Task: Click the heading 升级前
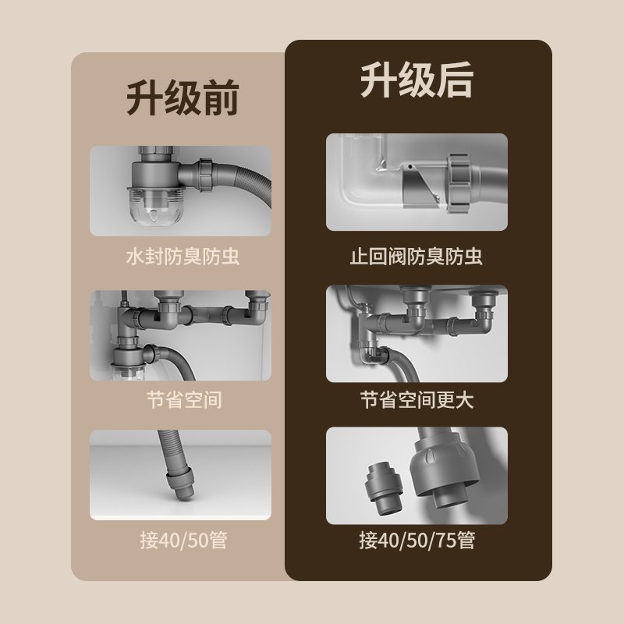click(x=183, y=97)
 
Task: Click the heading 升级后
click(x=417, y=80)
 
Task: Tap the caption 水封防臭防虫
click(x=183, y=257)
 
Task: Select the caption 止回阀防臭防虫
click(x=417, y=257)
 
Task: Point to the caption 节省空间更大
click(x=417, y=400)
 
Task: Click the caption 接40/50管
click(x=183, y=541)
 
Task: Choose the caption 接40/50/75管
click(x=417, y=541)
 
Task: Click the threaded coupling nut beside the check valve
click(x=459, y=183)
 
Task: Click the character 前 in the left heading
click(x=221, y=97)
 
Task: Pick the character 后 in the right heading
click(x=456, y=80)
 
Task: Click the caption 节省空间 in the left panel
click(x=183, y=400)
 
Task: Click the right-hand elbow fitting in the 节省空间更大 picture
click(x=484, y=314)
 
